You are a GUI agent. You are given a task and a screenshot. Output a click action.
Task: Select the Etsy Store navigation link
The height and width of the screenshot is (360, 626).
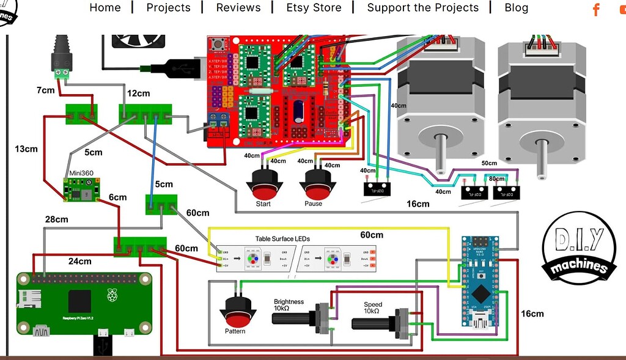tap(314, 8)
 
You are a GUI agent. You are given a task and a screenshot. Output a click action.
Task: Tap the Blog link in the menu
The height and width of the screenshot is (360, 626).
tap(516, 8)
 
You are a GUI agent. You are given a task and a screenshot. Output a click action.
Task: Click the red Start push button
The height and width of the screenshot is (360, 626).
tap(263, 184)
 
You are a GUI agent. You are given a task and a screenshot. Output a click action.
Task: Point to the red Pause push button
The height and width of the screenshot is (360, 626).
tap(317, 184)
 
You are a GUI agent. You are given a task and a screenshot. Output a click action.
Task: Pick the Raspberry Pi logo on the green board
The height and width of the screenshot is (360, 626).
tap(112, 296)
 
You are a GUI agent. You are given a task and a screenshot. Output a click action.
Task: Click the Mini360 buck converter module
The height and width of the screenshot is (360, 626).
tap(78, 189)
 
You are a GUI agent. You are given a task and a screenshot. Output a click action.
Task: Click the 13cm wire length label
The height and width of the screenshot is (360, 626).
tap(26, 149)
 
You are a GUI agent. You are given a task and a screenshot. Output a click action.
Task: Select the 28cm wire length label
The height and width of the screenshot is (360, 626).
tap(56, 219)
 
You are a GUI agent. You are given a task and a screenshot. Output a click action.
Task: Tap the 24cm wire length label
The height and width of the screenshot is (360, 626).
tap(79, 261)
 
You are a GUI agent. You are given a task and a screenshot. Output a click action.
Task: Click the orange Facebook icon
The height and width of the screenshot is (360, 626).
tap(596, 9)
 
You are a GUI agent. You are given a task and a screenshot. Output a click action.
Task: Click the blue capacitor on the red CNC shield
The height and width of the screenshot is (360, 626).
tap(300, 112)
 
